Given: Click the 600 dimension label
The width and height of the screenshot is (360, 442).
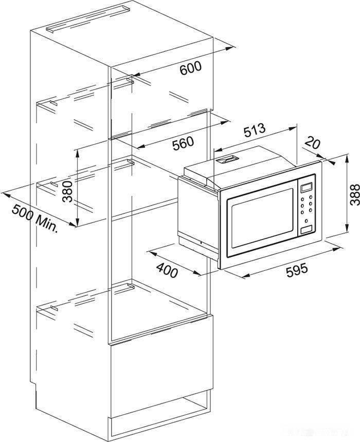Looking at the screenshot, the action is point(191,68).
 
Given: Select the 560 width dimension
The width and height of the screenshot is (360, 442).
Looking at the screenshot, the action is point(183,143).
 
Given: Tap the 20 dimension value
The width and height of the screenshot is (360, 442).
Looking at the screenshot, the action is point(313,142).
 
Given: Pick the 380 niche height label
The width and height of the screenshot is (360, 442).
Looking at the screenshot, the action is point(68,192).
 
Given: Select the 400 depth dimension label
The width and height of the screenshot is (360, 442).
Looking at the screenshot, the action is point(167,270).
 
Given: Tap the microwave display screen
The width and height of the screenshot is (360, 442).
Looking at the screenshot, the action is point(307,187).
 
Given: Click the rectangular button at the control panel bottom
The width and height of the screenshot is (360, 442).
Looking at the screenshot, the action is point(307,229).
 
